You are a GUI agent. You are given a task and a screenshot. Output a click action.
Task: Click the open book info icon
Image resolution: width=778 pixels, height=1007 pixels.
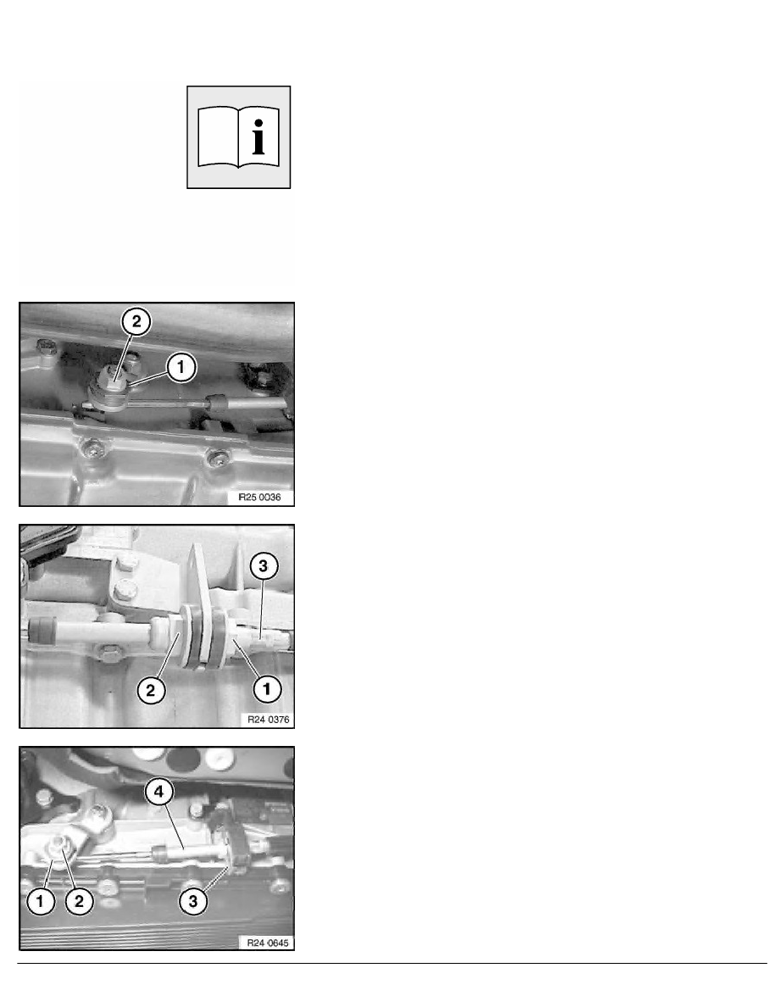click(x=238, y=137)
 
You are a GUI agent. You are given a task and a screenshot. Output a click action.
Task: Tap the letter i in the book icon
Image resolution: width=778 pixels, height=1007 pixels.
click(x=258, y=136)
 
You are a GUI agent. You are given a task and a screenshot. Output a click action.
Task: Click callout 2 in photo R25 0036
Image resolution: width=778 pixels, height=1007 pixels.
click(x=136, y=321)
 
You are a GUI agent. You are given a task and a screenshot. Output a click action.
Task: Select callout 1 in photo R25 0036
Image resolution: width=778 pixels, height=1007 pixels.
click(x=181, y=367)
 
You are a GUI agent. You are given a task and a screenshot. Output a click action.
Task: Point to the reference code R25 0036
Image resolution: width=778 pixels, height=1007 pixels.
click(x=259, y=497)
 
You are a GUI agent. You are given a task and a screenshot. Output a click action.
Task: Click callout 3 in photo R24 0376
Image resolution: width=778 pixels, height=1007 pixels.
click(x=263, y=565)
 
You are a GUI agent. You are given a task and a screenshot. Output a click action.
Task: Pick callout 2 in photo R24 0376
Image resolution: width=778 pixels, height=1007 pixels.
click(x=151, y=690)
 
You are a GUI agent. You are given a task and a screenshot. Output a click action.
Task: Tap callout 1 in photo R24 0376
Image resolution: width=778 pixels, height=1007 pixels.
click(x=267, y=690)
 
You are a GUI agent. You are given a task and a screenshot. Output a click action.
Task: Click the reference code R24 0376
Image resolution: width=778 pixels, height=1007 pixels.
click(x=269, y=720)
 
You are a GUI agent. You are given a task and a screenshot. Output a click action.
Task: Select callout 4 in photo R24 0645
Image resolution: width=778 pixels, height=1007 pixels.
click(x=158, y=792)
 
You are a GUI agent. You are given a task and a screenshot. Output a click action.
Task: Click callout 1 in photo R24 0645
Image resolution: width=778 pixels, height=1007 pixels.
click(x=41, y=901)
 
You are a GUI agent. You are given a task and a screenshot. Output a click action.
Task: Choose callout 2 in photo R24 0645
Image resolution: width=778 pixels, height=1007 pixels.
click(x=79, y=901)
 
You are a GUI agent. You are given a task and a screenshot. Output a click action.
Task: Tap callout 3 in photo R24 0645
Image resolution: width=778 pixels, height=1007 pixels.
click(x=193, y=901)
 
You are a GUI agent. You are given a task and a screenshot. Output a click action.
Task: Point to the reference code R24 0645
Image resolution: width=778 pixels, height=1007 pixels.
click(x=268, y=943)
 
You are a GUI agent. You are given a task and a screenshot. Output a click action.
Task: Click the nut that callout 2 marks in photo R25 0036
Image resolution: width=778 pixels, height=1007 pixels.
click(x=114, y=375)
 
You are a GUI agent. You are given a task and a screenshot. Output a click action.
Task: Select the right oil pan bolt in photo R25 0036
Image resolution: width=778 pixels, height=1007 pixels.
click(x=218, y=457)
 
